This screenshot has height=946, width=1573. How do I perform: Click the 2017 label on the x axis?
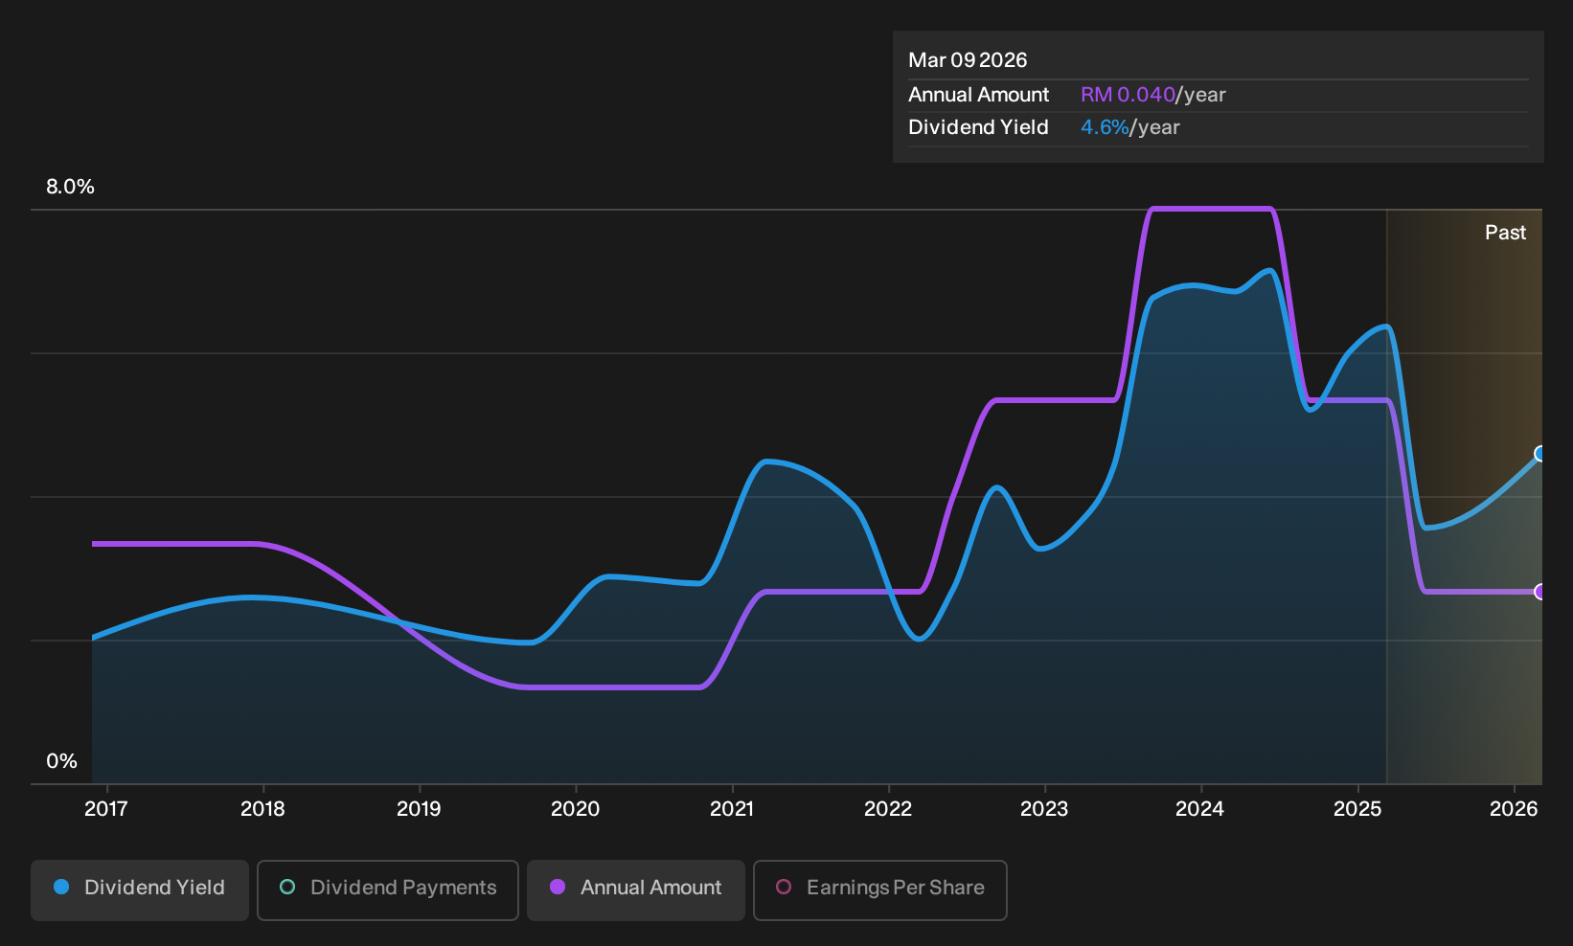pos(106,809)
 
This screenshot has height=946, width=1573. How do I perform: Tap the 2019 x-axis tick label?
pos(419,809)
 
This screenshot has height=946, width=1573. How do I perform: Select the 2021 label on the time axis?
pos(732,809)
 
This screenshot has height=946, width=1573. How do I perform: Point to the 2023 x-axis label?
pos(1044,809)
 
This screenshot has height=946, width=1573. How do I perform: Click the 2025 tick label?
pos(1357,809)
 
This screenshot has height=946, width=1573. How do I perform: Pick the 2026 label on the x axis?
pos(1514,809)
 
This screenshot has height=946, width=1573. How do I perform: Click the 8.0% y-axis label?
pos(70,187)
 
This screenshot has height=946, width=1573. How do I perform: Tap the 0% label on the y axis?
pos(62,761)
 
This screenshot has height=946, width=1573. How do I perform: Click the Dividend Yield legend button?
pos(140,890)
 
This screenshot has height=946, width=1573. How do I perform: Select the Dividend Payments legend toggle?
pos(388,890)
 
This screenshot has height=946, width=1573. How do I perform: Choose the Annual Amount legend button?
pos(636,890)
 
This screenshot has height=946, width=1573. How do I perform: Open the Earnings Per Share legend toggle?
pos(879,890)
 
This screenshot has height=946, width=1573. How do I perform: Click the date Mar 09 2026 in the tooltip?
pos(968,60)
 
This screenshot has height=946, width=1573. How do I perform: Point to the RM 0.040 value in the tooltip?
pos(1128,95)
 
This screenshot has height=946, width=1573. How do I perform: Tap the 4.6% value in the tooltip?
pos(1105,127)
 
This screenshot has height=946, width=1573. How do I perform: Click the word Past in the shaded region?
pos(1506,233)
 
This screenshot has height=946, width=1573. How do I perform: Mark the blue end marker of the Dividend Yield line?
pos(1539,454)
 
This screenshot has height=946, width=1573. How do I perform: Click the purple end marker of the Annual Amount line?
pos(1539,592)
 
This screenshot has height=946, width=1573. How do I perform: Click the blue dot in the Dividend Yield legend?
pos(62,887)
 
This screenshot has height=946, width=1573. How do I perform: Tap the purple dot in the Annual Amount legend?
pos(558,887)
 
